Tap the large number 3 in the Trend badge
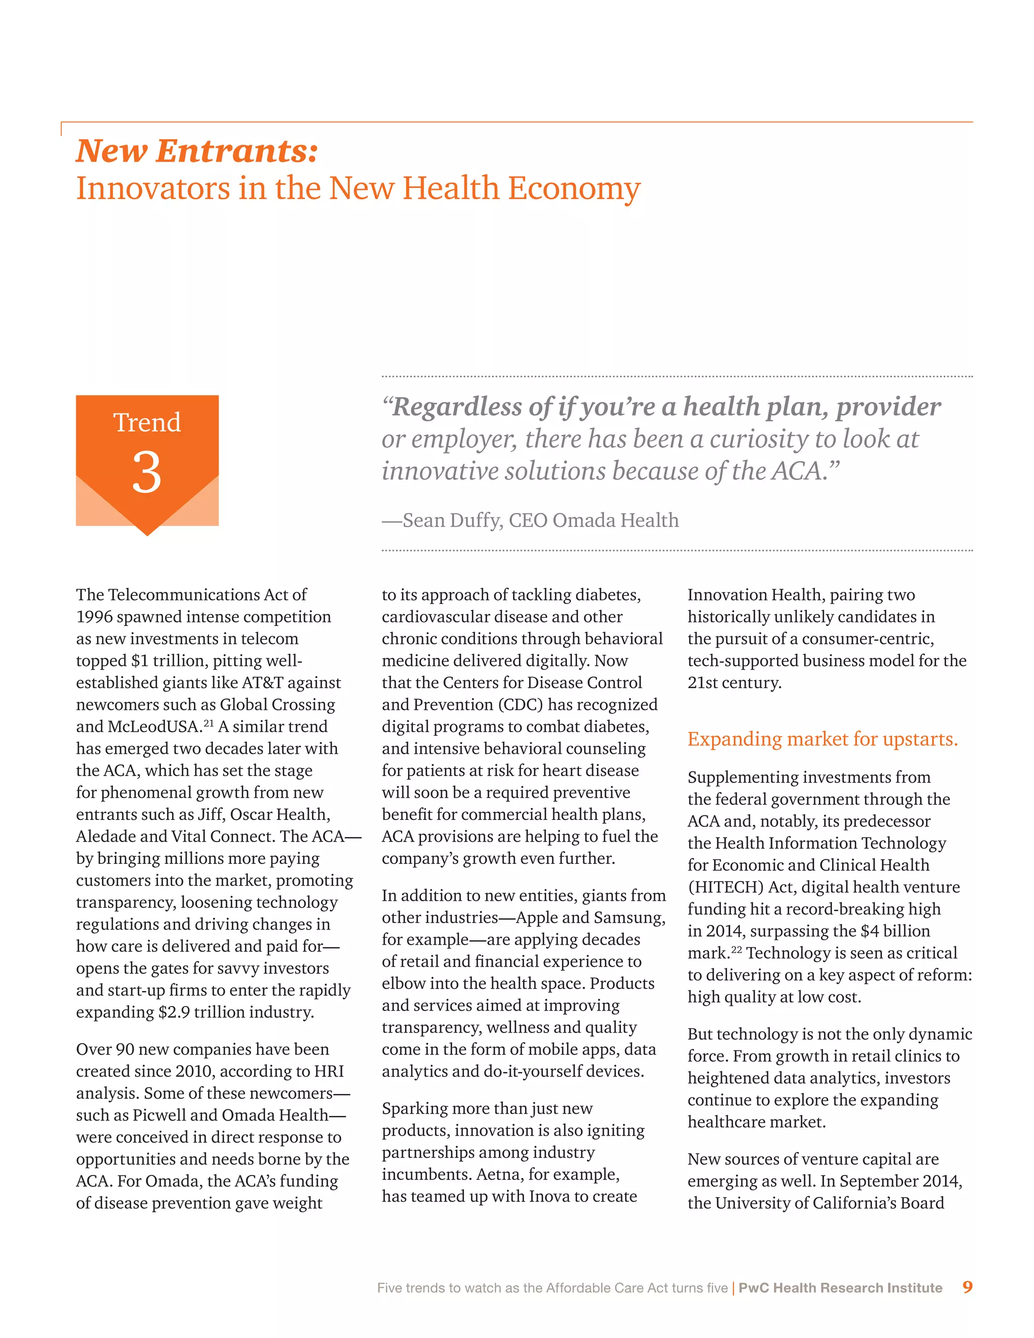147,473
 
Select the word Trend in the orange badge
147,423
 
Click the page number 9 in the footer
967,1286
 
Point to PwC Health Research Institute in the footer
840,1288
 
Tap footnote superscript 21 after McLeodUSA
209,724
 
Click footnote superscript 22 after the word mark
736,950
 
